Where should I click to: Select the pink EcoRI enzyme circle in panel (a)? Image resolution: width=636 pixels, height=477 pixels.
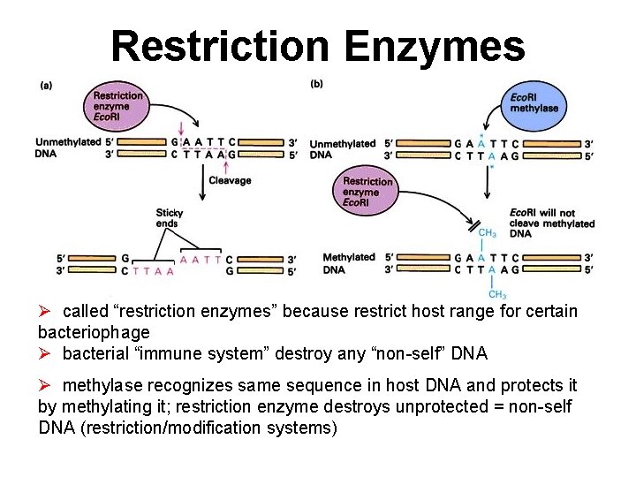pos(117,106)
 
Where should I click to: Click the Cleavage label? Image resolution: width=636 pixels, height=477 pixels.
pos(230,180)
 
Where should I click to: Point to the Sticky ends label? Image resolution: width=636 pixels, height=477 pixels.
pos(169,218)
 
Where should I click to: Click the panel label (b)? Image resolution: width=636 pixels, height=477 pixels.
pos(317,84)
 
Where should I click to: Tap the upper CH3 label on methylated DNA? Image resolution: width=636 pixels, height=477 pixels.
pos(487,233)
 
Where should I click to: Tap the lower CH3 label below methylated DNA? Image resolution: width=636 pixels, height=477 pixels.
pos(497,294)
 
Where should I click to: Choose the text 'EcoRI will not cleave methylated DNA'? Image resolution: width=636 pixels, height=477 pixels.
pos(551,223)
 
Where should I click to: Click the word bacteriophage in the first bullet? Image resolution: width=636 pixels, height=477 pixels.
pos(94,332)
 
